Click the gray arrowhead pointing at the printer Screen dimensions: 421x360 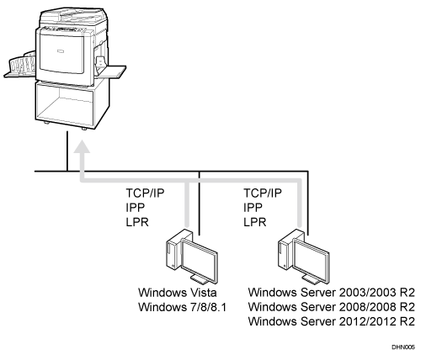tap(82, 147)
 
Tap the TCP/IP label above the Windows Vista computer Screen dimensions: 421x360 tap(145, 193)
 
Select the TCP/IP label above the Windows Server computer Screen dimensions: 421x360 tap(263, 193)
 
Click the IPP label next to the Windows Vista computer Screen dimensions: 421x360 tap(136, 208)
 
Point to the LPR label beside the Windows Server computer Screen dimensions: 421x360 tap(255, 222)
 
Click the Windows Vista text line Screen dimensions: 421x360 tap(178, 293)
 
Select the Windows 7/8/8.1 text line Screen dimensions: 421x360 tap(182, 307)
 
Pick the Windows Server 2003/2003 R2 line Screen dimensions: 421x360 tap(331, 293)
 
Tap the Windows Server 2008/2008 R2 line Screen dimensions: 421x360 tap(331, 307)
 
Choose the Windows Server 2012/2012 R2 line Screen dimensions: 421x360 tap(331, 321)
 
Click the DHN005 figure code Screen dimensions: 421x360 tap(403, 347)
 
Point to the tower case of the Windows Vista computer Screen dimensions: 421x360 tap(173, 249)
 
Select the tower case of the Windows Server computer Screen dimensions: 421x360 tap(285, 249)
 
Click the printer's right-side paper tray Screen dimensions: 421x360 tap(111, 71)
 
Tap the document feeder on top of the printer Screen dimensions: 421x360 tap(73, 15)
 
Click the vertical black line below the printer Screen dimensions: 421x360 tap(67, 151)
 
